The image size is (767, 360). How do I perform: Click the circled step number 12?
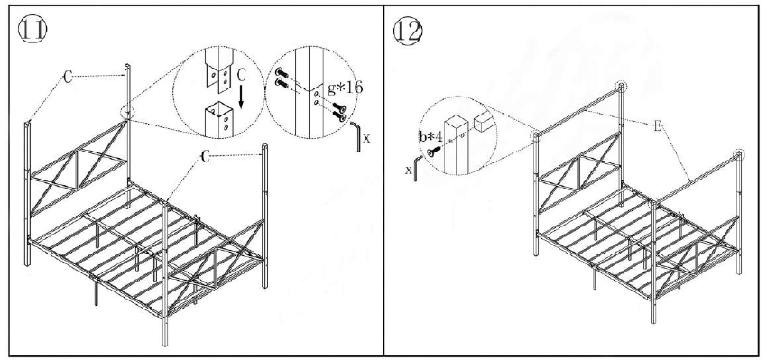point(408,29)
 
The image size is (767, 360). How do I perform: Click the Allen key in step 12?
point(414,171)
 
